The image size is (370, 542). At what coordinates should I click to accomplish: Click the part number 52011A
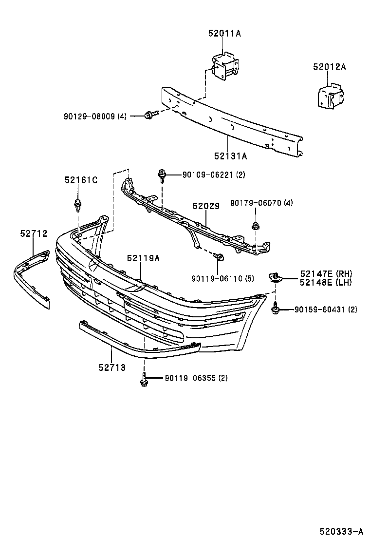pyautogui.click(x=225, y=33)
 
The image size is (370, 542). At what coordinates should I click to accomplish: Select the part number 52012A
pyautogui.click(x=329, y=68)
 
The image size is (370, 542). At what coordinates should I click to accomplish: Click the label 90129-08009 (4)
pyautogui.click(x=95, y=116)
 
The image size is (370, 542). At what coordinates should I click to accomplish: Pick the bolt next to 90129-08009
pyautogui.click(x=150, y=116)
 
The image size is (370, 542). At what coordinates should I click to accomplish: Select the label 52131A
pyautogui.click(x=230, y=156)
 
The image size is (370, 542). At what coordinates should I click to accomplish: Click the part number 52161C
pyautogui.click(x=81, y=180)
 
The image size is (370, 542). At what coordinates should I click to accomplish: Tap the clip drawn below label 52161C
pyautogui.click(x=77, y=204)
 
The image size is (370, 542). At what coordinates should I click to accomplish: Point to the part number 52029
pyautogui.click(x=205, y=206)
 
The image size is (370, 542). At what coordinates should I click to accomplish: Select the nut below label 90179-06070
pyautogui.click(x=255, y=225)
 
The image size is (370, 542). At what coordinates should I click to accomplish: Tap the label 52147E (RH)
pyautogui.click(x=326, y=273)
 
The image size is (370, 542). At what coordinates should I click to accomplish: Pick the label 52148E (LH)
pyautogui.click(x=326, y=282)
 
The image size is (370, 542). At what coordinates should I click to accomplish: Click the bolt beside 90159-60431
pyautogui.click(x=276, y=308)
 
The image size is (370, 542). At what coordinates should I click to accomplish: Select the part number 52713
pyautogui.click(x=111, y=368)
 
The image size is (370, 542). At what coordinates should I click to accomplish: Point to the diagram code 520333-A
pyautogui.click(x=341, y=531)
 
